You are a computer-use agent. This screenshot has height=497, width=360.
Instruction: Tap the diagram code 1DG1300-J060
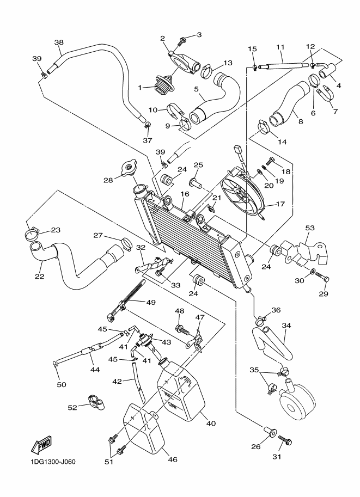(x=49, y=463)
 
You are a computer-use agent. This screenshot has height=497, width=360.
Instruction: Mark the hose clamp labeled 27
(x=125, y=241)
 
